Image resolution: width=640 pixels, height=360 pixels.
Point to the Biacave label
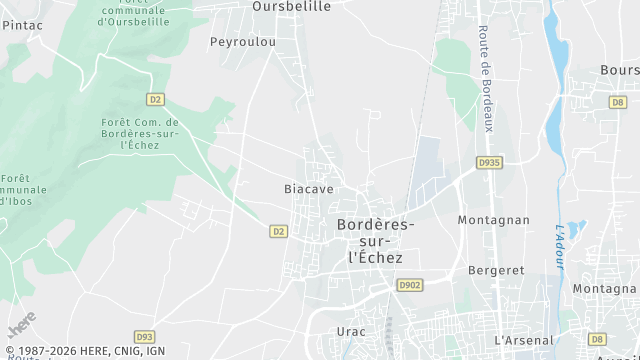click(x=308, y=188)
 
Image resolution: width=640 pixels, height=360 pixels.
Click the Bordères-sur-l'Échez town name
click(x=374, y=242)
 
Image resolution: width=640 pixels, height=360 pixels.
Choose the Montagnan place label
click(x=493, y=220)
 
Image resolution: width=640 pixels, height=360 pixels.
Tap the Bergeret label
click(x=496, y=271)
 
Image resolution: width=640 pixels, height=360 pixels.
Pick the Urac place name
click(x=351, y=331)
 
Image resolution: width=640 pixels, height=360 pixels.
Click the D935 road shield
click(x=489, y=162)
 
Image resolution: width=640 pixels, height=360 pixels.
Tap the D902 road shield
click(x=410, y=285)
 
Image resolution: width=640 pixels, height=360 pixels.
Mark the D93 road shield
click(x=144, y=337)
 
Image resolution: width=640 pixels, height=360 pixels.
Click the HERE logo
click(x=20, y=325)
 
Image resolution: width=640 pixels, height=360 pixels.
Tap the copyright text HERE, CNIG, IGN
click(x=84, y=351)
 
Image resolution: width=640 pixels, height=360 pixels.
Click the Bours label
click(x=619, y=70)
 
